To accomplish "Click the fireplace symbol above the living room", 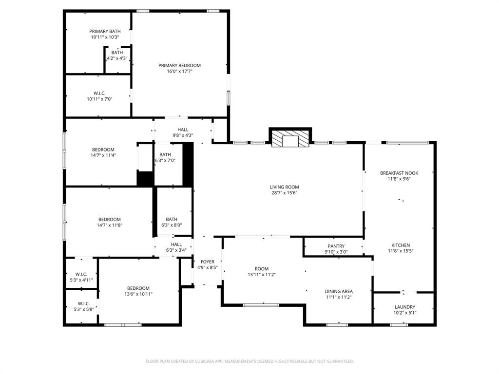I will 290,140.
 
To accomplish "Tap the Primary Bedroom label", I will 179,65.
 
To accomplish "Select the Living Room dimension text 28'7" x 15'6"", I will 284,193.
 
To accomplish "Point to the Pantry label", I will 336,246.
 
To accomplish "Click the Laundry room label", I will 405,307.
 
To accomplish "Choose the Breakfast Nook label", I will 399,173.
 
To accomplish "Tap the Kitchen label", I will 401,245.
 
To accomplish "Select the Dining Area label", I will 339,291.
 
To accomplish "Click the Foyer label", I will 208,262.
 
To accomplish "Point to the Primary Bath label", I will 105,31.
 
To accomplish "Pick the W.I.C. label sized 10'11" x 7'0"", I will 99,93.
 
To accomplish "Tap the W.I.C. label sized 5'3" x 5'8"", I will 83,303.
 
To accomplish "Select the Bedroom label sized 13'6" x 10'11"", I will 138,288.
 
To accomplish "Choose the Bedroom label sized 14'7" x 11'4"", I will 103,150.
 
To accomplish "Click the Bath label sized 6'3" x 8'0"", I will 172,219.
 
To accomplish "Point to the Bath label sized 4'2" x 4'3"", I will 117,53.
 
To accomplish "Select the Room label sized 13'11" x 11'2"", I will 262,269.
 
